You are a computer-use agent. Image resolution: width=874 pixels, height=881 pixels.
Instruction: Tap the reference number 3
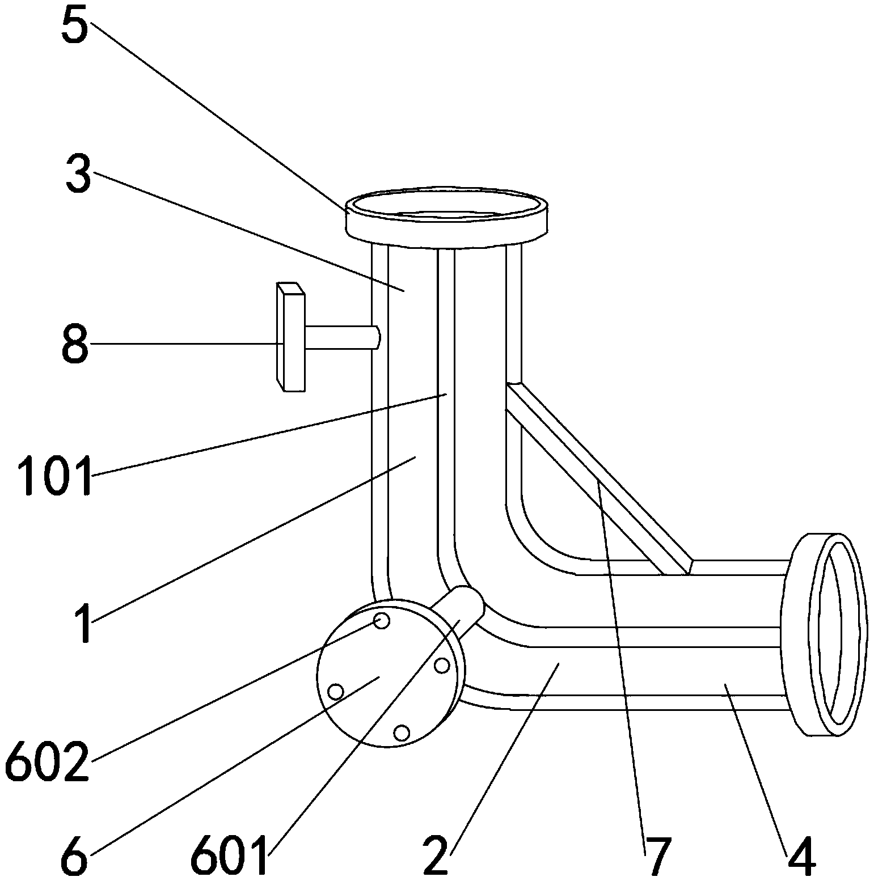[78, 175]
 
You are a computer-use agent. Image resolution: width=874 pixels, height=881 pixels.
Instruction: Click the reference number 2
[436, 856]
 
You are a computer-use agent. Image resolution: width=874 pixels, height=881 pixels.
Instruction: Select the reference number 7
[656, 856]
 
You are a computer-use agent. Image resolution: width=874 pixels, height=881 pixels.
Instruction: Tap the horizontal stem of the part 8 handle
[340, 337]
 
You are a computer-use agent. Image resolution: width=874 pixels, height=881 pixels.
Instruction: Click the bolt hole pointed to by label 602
[383, 621]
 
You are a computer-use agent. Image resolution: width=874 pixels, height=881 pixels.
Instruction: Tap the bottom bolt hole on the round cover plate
[402, 733]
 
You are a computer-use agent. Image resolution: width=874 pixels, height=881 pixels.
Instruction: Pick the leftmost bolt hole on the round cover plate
[336, 692]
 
